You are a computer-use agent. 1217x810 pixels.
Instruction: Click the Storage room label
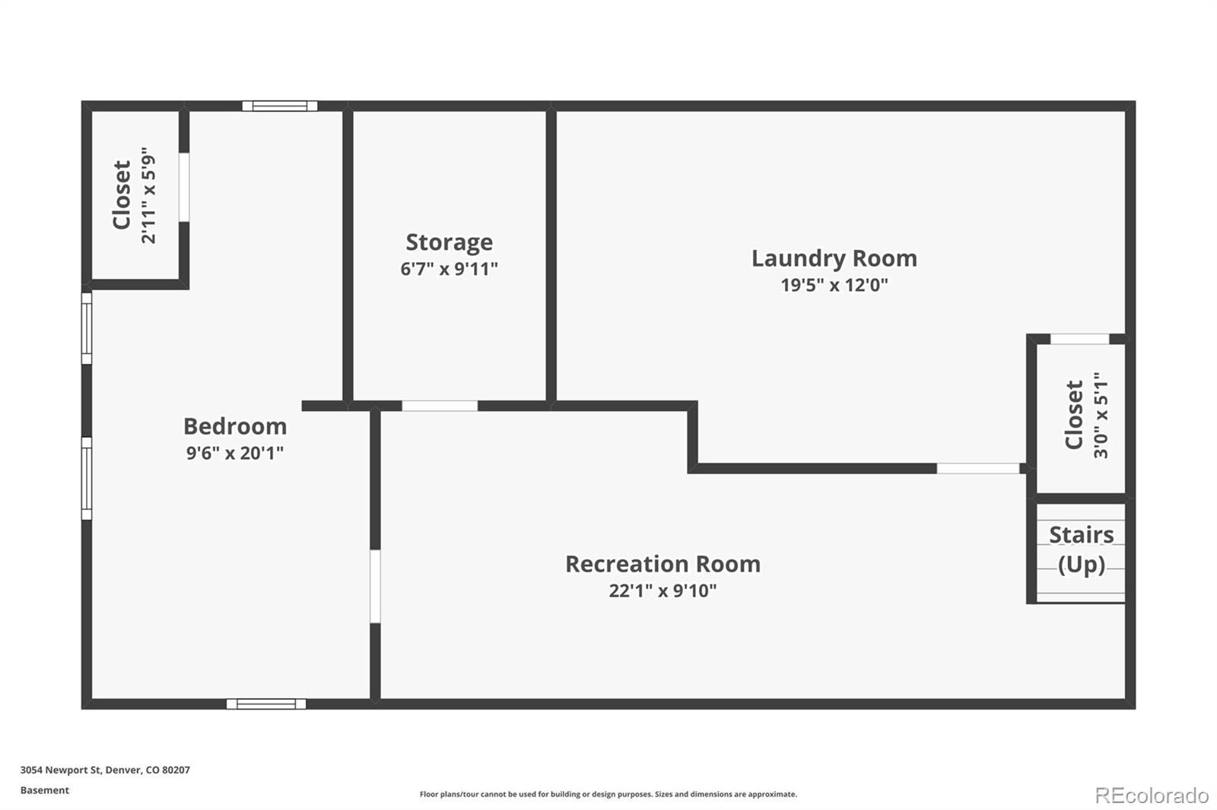pyautogui.click(x=449, y=242)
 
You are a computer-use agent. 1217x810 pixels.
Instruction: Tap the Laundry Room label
pyautogui.click(x=834, y=258)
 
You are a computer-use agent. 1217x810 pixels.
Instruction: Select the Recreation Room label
pyautogui.click(x=663, y=564)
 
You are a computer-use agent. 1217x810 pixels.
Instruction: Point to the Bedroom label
pyautogui.click(x=235, y=426)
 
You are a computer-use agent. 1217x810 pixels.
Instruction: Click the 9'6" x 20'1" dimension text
pyautogui.click(x=235, y=453)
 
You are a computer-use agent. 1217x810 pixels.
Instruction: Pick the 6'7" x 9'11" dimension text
pyautogui.click(x=449, y=269)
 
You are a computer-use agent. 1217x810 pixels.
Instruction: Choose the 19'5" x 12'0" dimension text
pyautogui.click(x=834, y=285)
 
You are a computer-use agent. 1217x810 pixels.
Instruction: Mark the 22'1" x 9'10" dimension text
pyautogui.click(x=663, y=590)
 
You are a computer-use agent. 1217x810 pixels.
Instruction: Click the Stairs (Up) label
pyautogui.click(x=1081, y=549)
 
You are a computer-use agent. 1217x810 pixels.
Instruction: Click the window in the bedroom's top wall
pyautogui.click(x=280, y=106)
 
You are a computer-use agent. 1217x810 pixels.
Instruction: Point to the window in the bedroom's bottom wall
pyautogui.click(x=266, y=704)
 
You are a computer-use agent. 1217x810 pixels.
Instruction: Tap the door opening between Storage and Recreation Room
pyautogui.click(x=440, y=406)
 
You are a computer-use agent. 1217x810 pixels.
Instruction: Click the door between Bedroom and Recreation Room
pyautogui.click(x=375, y=586)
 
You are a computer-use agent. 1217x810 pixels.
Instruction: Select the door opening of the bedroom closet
pyautogui.click(x=184, y=187)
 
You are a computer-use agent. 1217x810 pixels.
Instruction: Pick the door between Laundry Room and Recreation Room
pyautogui.click(x=977, y=468)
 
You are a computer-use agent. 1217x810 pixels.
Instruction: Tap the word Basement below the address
pyautogui.click(x=44, y=790)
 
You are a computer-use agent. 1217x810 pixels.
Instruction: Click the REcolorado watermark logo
pyautogui.click(x=1151, y=796)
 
